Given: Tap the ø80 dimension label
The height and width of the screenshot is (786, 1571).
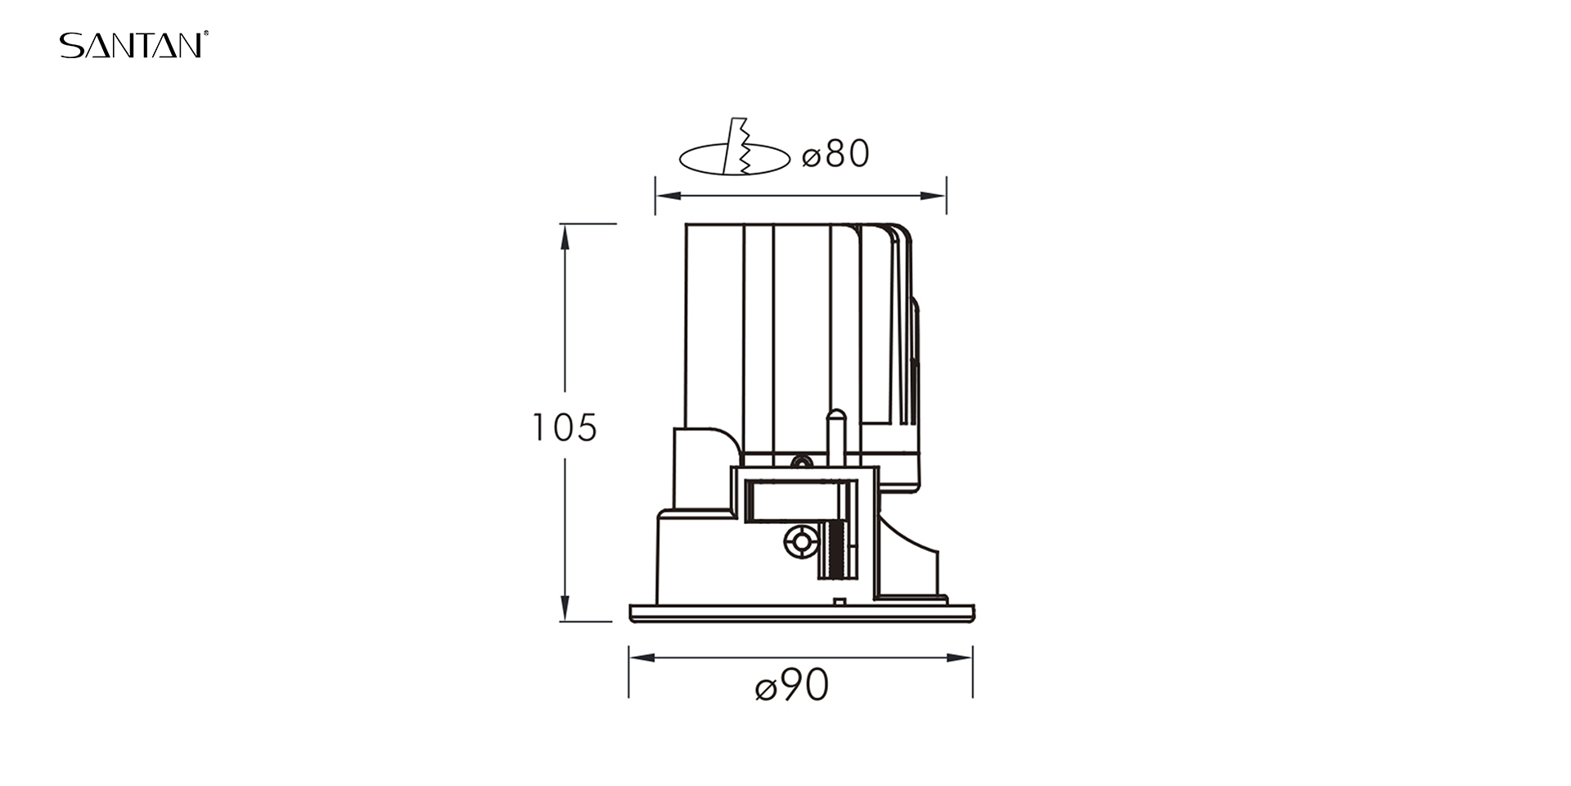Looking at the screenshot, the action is (x=835, y=154).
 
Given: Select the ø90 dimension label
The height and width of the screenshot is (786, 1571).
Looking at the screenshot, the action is (x=792, y=684).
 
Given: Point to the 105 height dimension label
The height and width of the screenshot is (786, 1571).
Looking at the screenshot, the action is (x=565, y=427).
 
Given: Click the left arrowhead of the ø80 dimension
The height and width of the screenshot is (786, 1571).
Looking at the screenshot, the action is (x=668, y=196).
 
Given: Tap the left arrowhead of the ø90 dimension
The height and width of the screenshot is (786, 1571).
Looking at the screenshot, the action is (x=642, y=657).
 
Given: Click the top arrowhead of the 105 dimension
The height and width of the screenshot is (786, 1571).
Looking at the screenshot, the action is (x=565, y=237).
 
